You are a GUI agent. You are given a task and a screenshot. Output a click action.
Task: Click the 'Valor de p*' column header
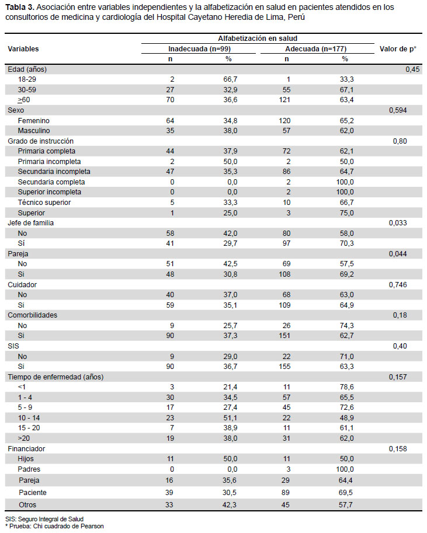(x=398, y=49)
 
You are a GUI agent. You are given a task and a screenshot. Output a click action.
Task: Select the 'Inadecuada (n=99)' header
(x=199, y=49)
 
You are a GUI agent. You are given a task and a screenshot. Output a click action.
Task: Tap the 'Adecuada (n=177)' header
(x=316, y=49)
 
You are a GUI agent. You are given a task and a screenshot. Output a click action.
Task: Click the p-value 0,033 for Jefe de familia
(x=398, y=223)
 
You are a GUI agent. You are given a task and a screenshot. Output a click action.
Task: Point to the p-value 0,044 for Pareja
(x=398, y=254)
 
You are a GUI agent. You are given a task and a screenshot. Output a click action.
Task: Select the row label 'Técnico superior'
(x=44, y=203)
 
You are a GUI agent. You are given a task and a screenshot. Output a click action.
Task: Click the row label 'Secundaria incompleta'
(x=54, y=172)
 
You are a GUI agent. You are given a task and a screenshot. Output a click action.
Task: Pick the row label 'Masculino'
(x=34, y=131)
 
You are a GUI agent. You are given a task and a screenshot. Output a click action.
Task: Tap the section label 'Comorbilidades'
(x=32, y=315)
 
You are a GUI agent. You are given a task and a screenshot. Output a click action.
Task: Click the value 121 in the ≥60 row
(x=284, y=100)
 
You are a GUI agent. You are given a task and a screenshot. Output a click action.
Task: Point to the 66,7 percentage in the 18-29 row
(x=230, y=79)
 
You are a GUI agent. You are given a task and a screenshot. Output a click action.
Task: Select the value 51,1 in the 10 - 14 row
(x=230, y=418)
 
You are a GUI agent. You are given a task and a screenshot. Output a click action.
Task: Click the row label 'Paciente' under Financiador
(x=33, y=493)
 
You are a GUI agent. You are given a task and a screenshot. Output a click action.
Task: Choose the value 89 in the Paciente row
(x=286, y=493)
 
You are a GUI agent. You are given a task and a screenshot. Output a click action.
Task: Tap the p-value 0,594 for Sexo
(x=398, y=110)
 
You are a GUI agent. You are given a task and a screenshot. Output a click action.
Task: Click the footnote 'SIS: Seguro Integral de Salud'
(x=44, y=519)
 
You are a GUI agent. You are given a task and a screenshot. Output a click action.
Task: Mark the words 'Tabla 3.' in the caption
(x=19, y=7)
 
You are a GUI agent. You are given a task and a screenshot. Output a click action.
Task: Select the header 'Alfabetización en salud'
(x=258, y=39)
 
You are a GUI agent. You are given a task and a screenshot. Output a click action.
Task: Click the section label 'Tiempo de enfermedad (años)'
(x=55, y=377)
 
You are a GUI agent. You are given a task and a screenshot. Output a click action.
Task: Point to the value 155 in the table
(x=284, y=367)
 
